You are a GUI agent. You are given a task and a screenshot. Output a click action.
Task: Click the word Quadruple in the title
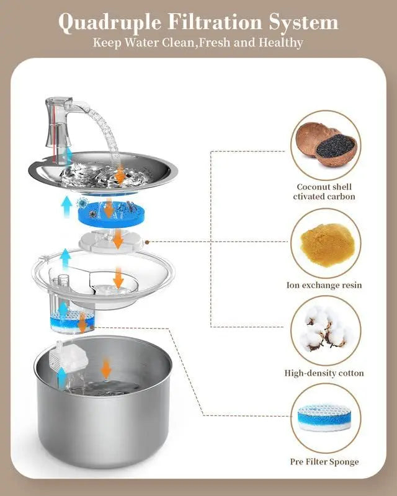[110, 23]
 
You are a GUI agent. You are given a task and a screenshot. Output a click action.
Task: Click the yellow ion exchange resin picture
[326, 243]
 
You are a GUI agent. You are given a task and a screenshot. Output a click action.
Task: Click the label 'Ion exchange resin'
[324, 285]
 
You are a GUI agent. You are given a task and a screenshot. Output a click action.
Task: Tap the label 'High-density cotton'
[324, 373]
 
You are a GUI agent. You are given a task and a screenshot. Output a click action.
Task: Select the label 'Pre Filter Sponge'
[324, 461]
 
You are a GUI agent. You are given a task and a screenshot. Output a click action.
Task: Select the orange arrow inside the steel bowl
[107, 370]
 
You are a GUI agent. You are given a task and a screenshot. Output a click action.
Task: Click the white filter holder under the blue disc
[112, 239]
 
